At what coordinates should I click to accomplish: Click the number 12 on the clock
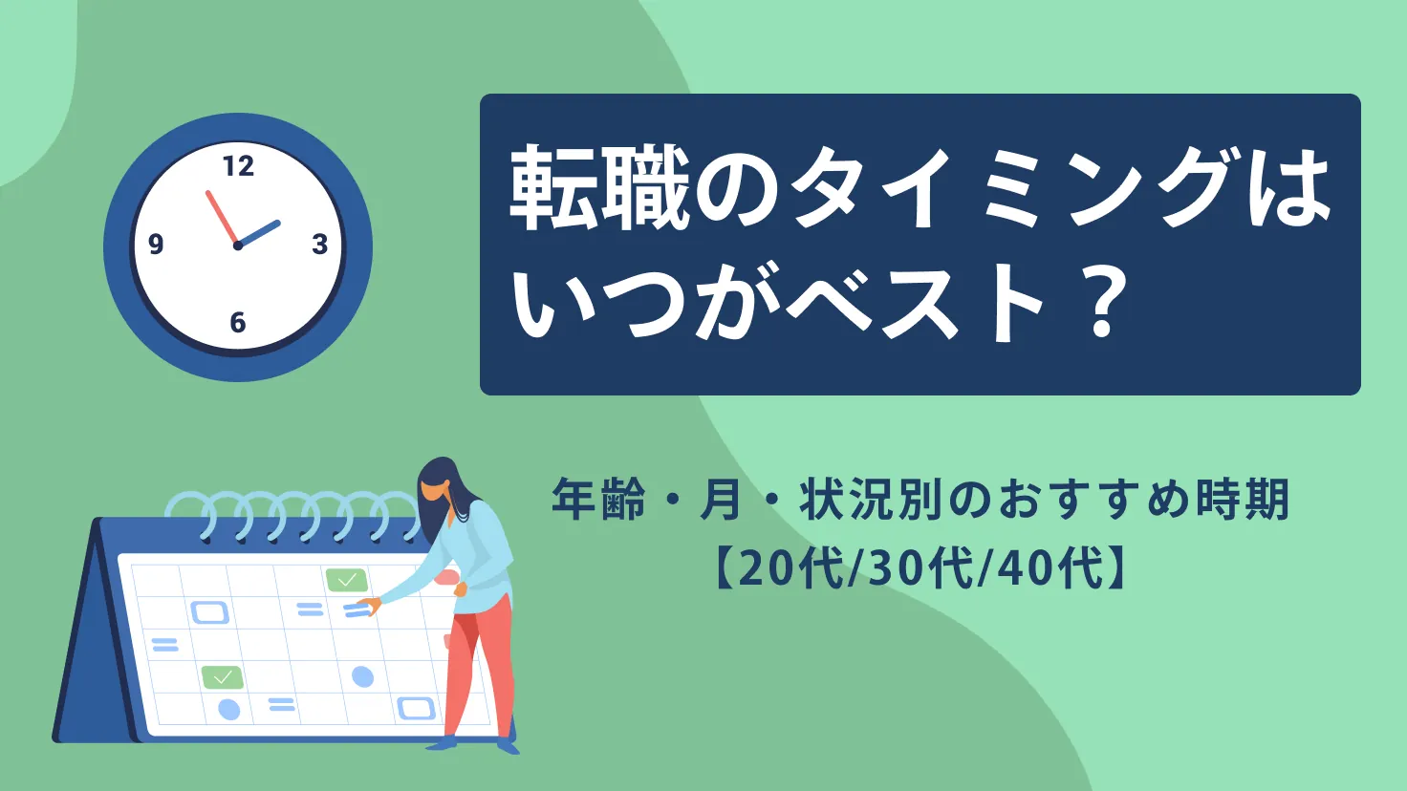238,166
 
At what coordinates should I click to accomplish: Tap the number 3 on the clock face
320,245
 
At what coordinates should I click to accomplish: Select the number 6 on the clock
238,323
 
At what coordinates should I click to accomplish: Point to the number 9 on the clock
156,245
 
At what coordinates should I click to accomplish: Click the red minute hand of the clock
222,218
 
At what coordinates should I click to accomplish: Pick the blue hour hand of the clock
259,234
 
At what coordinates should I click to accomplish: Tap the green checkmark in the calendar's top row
346,580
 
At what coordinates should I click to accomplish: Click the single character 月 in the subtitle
721,500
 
